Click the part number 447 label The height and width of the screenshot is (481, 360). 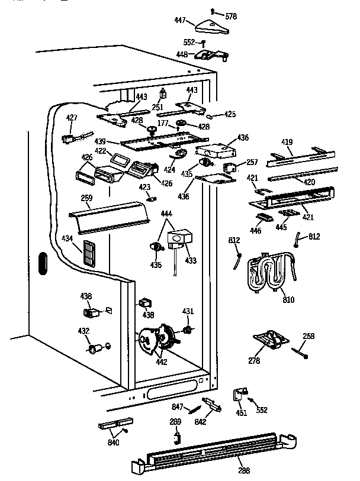click(x=180, y=21)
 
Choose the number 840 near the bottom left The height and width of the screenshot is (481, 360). click(x=112, y=443)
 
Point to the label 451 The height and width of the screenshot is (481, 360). click(x=241, y=414)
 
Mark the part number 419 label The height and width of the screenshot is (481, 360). click(x=287, y=143)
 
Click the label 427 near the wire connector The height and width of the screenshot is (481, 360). click(x=72, y=118)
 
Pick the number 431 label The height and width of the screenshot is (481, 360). click(x=188, y=311)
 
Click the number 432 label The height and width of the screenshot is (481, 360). click(x=85, y=331)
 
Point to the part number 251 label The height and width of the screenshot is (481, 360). click(x=157, y=107)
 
